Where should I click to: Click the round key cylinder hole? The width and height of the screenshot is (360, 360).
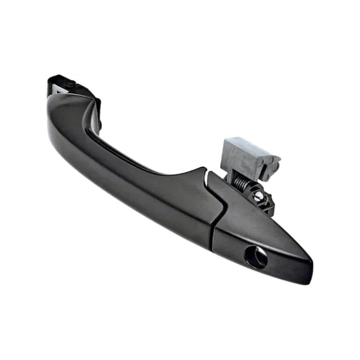[256, 257]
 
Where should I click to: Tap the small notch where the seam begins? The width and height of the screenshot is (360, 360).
[206, 174]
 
